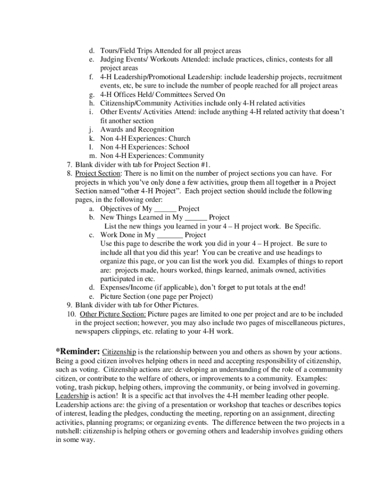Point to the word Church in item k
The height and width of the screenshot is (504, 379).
180,138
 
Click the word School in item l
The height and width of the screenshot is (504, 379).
179,147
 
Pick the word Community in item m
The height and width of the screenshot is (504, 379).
188,156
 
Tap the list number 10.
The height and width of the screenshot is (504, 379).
70,314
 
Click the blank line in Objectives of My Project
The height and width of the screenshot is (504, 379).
165,209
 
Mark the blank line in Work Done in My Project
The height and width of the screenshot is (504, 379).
170,235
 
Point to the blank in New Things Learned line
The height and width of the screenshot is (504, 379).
196,218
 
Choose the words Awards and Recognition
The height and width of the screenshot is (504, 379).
130,129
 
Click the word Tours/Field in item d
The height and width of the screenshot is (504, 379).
119,51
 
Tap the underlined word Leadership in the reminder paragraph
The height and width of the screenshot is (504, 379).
72,396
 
